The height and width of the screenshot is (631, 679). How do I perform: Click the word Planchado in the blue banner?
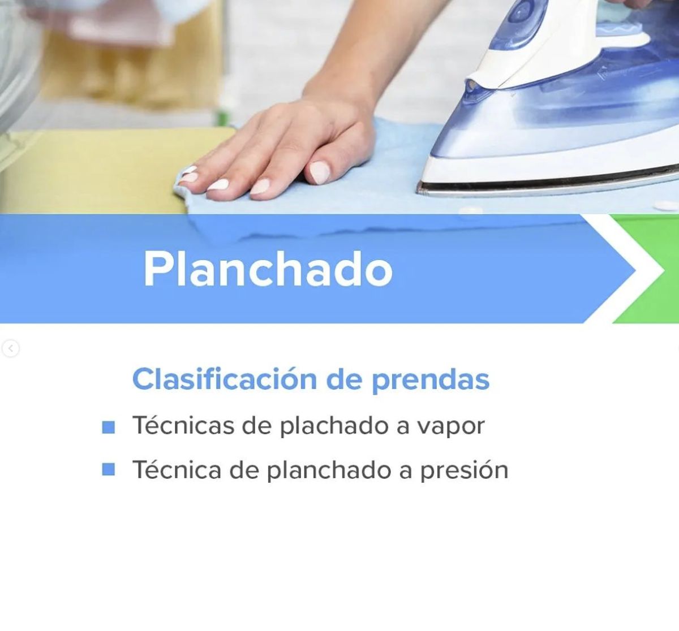point(268,269)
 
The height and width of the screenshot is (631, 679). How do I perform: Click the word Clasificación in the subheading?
point(225,379)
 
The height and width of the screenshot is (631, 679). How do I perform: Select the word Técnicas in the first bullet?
point(183,425)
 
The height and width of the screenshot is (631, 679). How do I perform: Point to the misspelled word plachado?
point(335,426)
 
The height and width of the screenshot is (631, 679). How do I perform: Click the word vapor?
point(450,428)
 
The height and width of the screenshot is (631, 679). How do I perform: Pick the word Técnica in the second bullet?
point(177,470)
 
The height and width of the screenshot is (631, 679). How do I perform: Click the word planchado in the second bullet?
point(329,471)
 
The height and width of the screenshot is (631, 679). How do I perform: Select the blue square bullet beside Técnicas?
point(109,427)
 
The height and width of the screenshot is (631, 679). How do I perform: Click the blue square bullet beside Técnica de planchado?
point(109,469)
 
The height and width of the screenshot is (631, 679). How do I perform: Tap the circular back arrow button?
point(11,348)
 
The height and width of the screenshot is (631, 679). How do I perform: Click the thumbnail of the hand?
point(319,172)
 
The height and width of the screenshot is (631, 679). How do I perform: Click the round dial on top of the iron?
point(521,14)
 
